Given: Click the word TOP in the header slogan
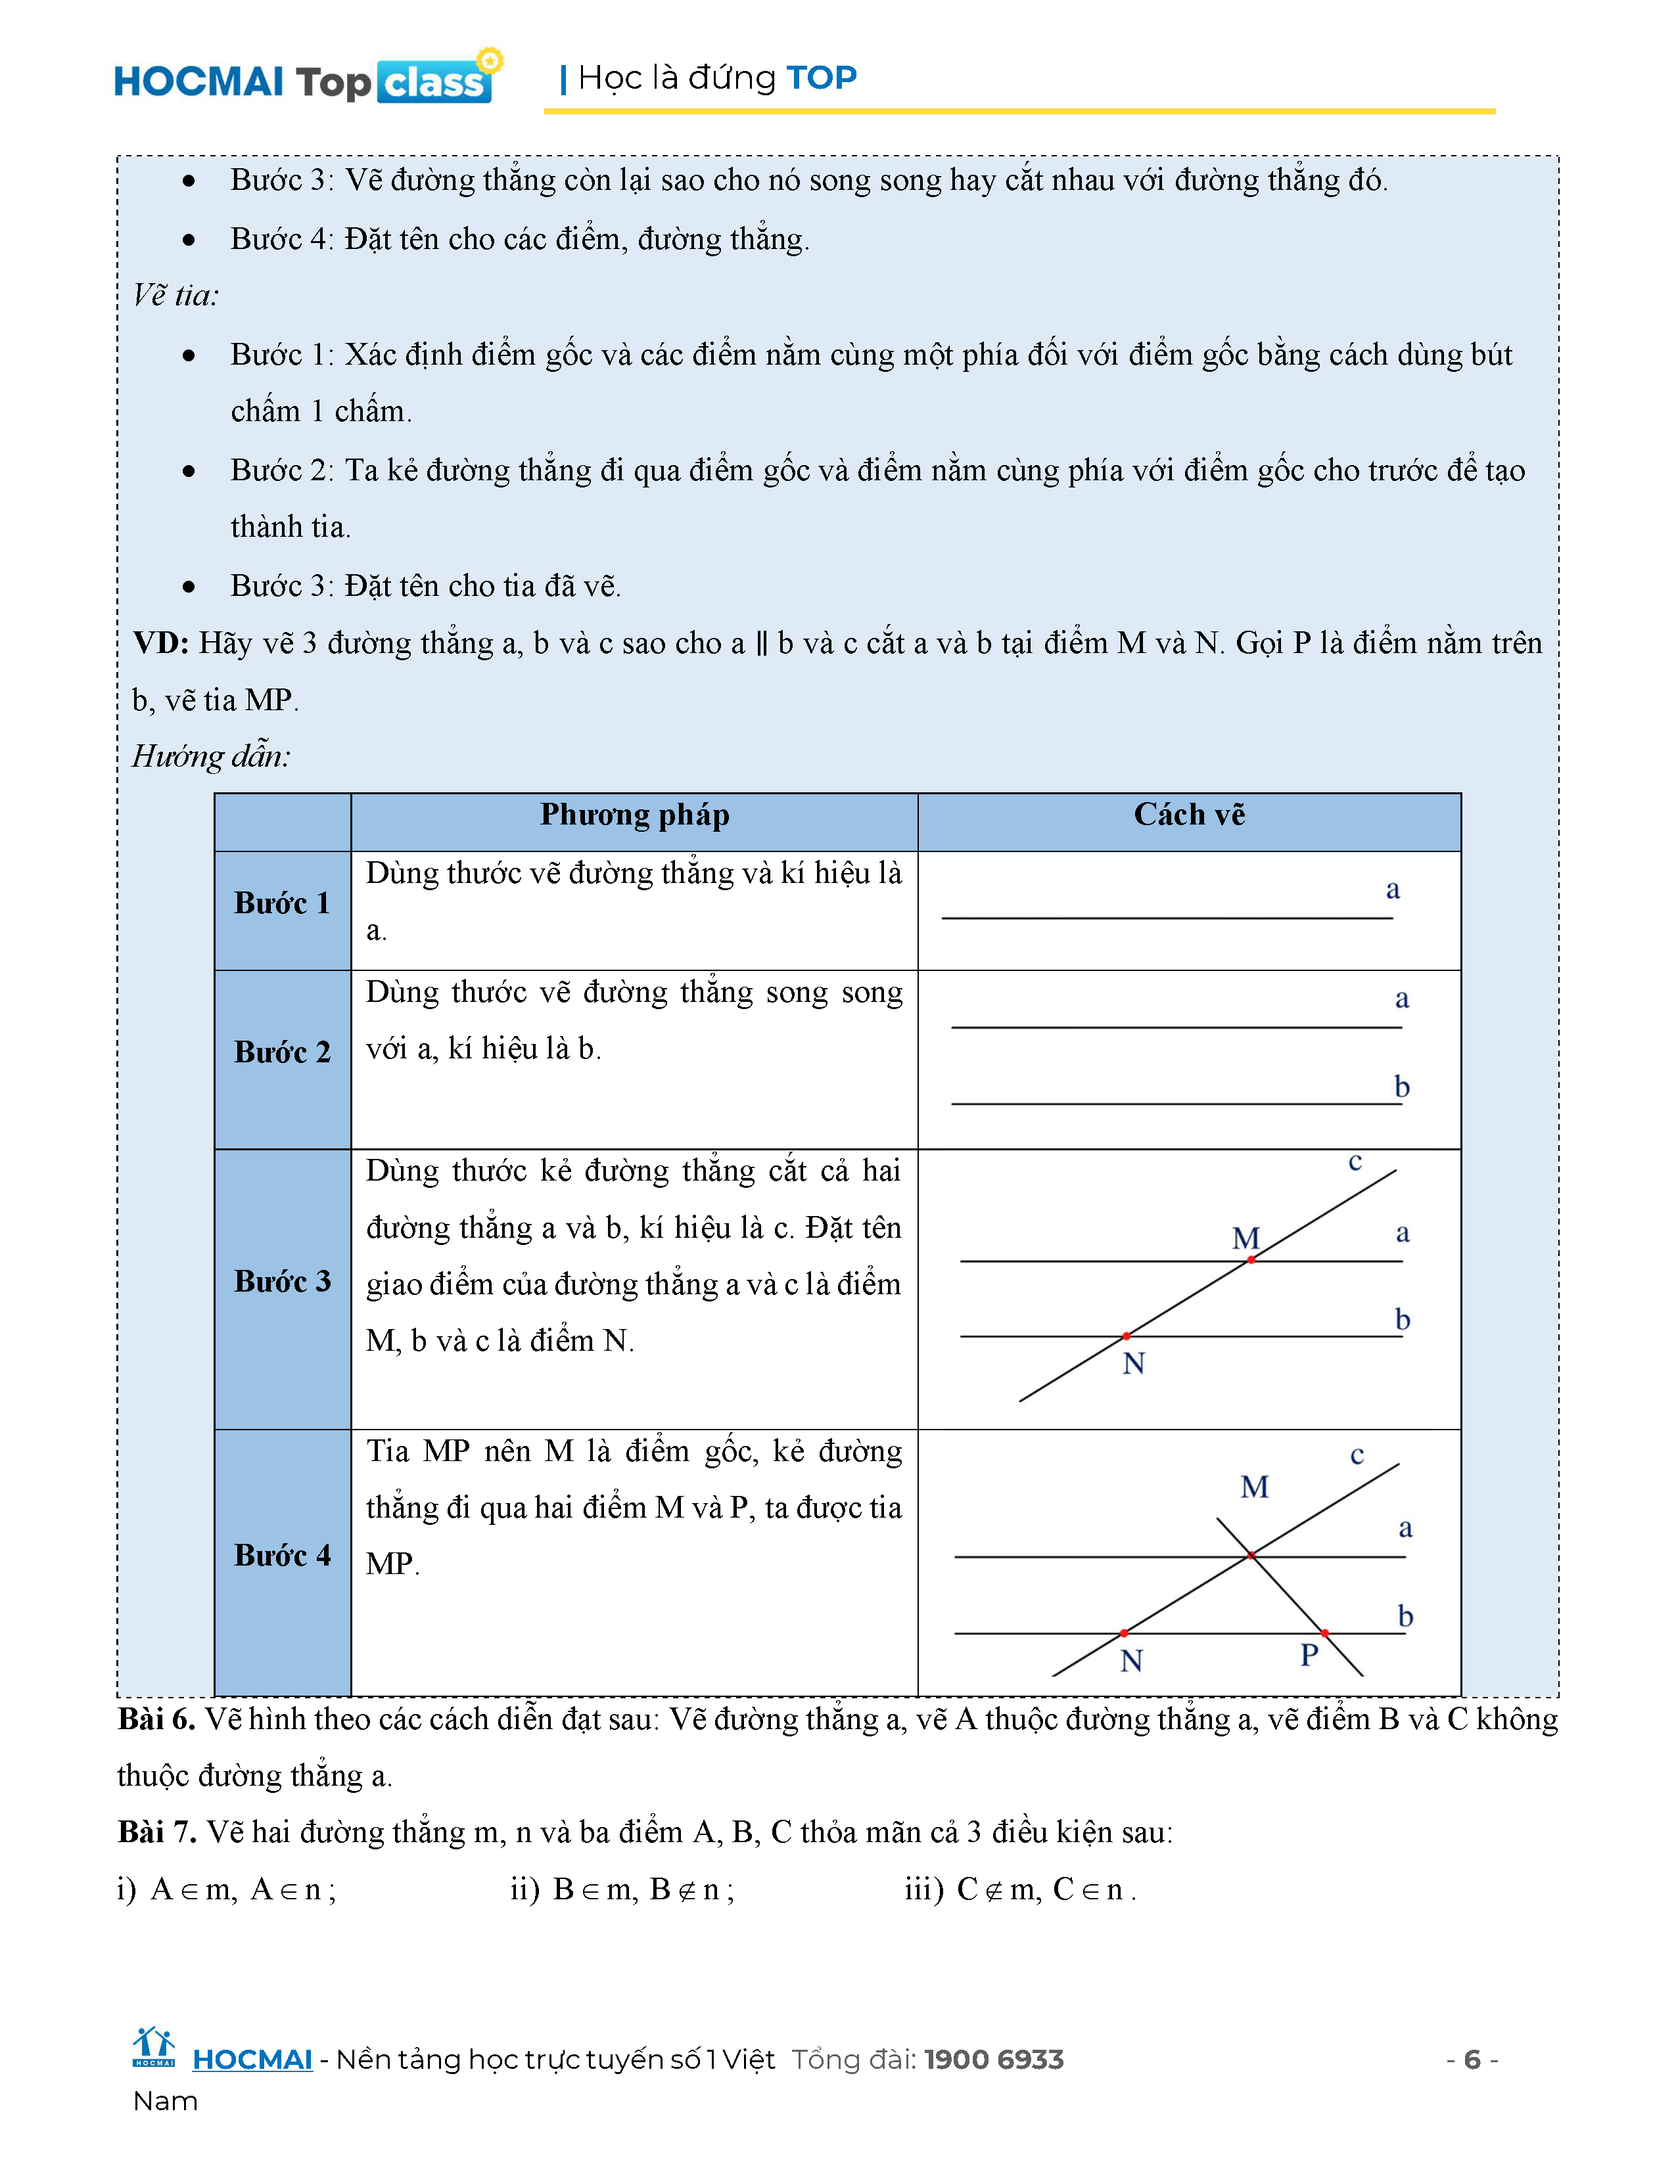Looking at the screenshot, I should (x=821, y=78).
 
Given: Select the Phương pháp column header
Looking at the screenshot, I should (x=634, y=815).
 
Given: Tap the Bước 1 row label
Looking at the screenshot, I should (x=282, y=903).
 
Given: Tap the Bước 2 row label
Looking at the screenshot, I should (x=282, y=1052).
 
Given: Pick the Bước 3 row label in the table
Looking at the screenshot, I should (x=282, y=1282).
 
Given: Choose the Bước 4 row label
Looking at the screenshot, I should (x=282, y=1556).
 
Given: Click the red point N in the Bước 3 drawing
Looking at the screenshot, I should (x=1126, y=1336).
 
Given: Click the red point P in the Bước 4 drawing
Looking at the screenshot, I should (x=1324, y=1633).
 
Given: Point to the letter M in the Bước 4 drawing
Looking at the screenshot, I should (x=1254, y=1487).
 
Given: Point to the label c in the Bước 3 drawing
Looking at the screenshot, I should (x=1355, y=1162).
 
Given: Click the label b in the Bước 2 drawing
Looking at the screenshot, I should (x=1402, y=1087).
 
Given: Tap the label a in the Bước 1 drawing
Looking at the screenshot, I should (x=1393, y=890).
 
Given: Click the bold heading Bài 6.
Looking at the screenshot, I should (x=156, y=1719).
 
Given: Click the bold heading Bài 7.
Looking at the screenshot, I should (x=156, y=1832).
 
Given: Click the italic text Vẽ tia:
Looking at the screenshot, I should (x=175, y=296).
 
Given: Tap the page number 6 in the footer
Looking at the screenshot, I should (x=1472, y=2060).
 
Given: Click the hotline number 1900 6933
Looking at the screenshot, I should (x=994, y=2060).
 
